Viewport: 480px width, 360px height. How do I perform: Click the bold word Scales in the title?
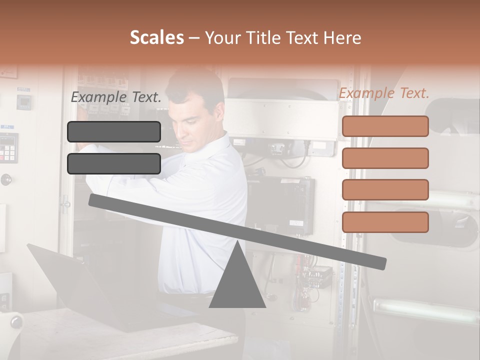pos(156,37)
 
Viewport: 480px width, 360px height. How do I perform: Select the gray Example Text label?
pos(116,97)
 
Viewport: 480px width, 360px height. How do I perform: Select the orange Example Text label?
pos(384,93)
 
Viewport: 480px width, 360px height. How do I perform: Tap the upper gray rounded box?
pos(114,131)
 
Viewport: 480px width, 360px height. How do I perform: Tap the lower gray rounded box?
pos(114,163)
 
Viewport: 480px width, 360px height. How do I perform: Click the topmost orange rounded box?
pos(385,126)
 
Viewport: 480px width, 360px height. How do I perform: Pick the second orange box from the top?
pos(385,158)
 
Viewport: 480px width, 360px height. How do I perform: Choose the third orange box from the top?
pos(385,189)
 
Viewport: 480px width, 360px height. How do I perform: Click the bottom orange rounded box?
pos(385,222)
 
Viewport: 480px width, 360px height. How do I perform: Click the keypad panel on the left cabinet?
pos(8,148)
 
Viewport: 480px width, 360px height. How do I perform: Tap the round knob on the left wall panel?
pos(6,179)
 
